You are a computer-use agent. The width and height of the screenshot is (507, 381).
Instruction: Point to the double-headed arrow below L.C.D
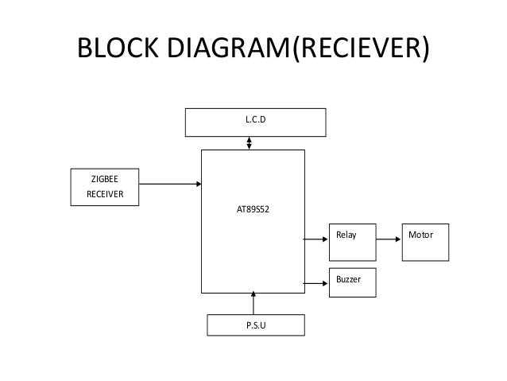250,143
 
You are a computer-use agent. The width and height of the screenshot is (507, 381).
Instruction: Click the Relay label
346,235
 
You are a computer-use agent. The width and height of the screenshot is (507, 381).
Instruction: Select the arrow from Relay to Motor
388,237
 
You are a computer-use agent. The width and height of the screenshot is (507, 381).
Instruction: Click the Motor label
420,235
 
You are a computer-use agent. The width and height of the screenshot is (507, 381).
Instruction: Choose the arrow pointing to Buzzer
316,282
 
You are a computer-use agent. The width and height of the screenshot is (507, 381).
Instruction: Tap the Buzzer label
349,281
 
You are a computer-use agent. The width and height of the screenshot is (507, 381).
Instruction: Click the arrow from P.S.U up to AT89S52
253,303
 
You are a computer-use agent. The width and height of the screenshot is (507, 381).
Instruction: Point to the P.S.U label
255,326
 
